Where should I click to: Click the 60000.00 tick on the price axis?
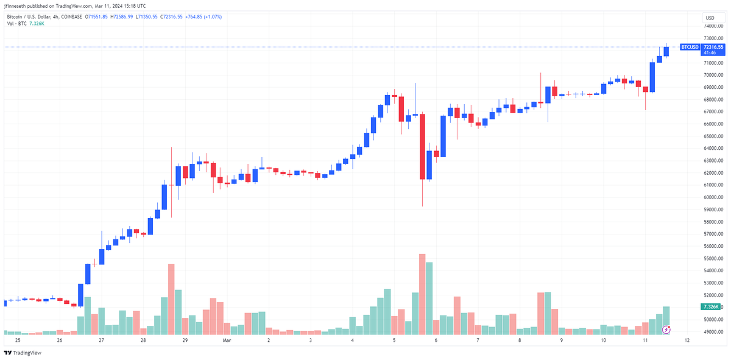[x=713, y=197]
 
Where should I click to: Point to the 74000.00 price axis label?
[x=713, y=26]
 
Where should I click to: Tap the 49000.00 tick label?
[x=713, y=332]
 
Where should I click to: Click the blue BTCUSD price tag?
[x=690, y=47]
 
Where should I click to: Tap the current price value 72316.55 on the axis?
[x=713, y=47]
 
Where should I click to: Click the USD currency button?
[x=710, y=18]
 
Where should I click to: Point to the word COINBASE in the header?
[x=71, y=16]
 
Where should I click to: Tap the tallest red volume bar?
[x=422, y=294]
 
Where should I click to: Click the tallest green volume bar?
[x=429, y=298]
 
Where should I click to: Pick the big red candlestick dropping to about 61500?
[x=422, y=146]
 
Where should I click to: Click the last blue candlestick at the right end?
[x=666, y=52]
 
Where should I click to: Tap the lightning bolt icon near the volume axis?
[x=666, y=330]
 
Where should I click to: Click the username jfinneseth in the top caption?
[x=16, y=6]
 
